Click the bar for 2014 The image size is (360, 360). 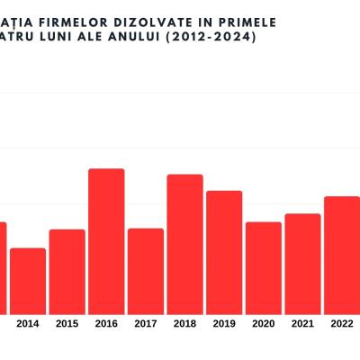pyautogui.click(x=28, y=280)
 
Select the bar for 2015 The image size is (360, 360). pyautogui.click(x=67, y=271)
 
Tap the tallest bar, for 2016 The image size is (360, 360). pyautogui.click(x=106, y=240)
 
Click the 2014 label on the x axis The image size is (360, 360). pyautogui.click(x=28, y=324)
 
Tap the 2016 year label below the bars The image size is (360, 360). pyautogui.click(x=106, y=324)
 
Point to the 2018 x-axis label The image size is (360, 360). pyautogui.click(x=184, y=324)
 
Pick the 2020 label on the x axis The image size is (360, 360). pyautogui.click(x=264, y=324)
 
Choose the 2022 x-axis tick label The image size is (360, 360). pyautogui.click(x=342, y=324)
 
